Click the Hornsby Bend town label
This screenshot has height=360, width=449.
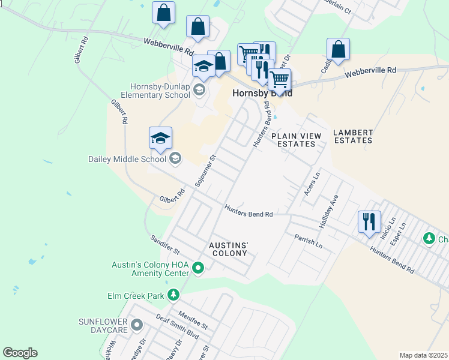[x=262, y=94]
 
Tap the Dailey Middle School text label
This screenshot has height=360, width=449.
[x=127, y=159]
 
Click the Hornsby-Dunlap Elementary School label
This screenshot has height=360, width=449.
[x=160, y=91]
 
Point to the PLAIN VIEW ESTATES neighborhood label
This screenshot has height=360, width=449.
[x=294, y=140]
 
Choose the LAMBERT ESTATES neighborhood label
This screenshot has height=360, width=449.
[x=353, y=136]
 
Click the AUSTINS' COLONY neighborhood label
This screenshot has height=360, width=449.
[x=228, y=249]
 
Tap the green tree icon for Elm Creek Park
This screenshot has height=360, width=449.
[x=173, y=295]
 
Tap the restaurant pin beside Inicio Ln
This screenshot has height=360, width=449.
[x=369, y=221]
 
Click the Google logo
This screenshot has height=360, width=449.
[x=20, y=353]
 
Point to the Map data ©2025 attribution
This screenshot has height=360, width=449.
[x=423, y=355]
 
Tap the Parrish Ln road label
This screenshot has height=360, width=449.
[x=309, y=242]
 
